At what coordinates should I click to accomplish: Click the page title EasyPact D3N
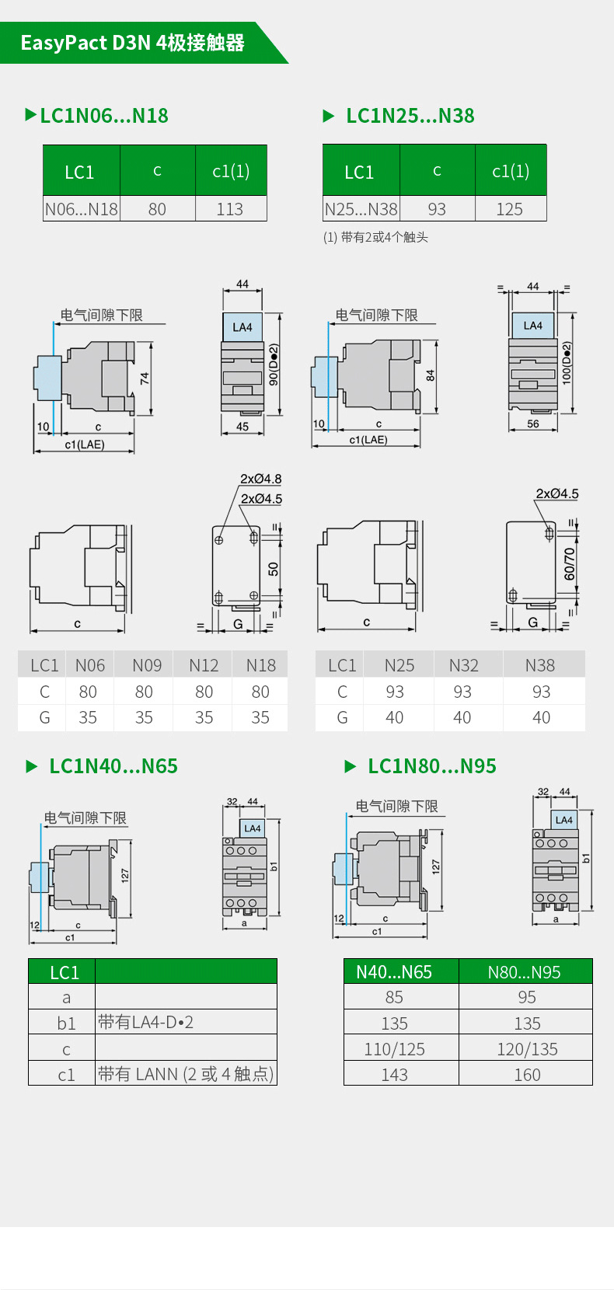coord(132,43)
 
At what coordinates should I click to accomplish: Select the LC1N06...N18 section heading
coord(103,116)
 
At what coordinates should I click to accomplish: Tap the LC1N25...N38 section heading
coord(410,116)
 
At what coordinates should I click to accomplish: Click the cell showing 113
coord(230,209)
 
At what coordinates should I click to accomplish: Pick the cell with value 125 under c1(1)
coord(510,209)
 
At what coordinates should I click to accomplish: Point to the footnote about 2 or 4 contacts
coord(375,237)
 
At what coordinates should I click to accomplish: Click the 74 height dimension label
coord(145,378)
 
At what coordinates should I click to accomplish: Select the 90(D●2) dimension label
coord(274,364)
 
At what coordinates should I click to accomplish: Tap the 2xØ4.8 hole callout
coord(260,479)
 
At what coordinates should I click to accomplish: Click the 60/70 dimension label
coord(570,564)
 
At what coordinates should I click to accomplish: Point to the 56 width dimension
coord(532,424)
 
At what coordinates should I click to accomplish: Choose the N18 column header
coord(260,665)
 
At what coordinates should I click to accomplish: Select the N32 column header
coord(463,665)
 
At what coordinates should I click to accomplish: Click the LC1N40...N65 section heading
coord(113,766)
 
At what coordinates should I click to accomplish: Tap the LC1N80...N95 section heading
coord(431,766)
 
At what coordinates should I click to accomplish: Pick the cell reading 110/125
coord(394,1049)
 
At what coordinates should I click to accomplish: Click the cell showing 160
coord(527,1075)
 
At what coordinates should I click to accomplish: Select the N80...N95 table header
coord(524,972)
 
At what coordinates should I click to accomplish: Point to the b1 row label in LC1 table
coord(66,1023)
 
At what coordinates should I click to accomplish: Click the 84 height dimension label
coord(431,375)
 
